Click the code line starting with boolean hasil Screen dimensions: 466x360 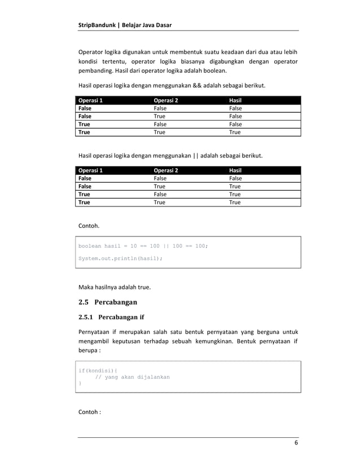click(x=143, y=246)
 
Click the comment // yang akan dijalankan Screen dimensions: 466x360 click(x=132, y=376)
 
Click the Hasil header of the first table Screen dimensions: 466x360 click(x=236, y=100)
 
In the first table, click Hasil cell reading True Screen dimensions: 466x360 click(x=235, y=132)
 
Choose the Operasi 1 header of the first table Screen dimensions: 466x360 click(x=91, y=100)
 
